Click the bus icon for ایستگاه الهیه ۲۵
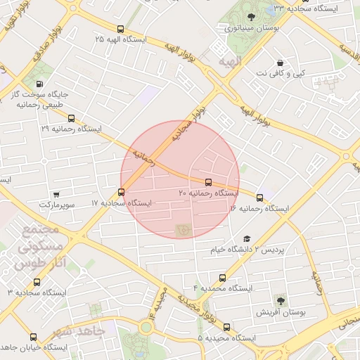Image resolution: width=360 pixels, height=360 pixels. (121, 30)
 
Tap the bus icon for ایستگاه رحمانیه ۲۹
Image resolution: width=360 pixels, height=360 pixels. (70, 119)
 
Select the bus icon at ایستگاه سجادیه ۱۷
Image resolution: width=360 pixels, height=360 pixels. (122, 191)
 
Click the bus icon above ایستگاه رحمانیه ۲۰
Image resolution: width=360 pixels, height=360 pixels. (207, 182)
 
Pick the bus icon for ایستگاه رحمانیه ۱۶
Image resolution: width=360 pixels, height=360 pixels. (260, 198)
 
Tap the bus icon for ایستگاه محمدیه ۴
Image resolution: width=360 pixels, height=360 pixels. (223, 278)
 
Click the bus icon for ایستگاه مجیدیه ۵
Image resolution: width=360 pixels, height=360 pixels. (226, 327)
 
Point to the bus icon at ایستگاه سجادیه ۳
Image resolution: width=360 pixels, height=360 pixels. (37, 281)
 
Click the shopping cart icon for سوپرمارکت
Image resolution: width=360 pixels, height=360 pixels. (56, 194)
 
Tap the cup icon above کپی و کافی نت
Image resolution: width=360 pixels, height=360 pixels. (281, 62)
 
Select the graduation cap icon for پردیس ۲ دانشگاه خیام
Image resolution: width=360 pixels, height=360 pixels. (246, 239)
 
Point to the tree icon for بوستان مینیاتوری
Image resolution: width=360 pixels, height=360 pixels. (251, 17)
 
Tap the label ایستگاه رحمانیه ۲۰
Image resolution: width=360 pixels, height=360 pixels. (208, 193)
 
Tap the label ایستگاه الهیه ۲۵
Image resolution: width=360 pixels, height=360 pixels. (121, 39)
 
